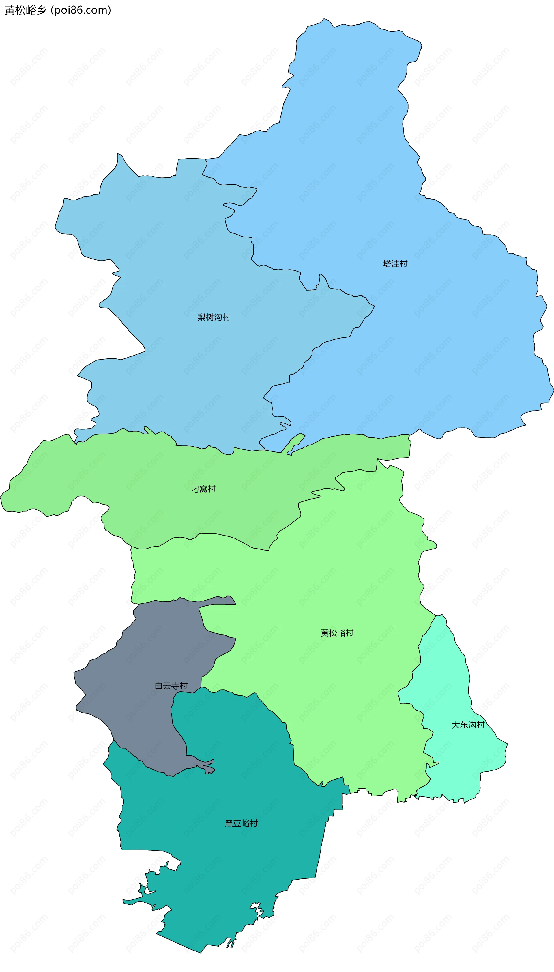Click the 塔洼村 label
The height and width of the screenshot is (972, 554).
(395, 263)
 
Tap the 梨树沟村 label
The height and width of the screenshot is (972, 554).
(214, 317)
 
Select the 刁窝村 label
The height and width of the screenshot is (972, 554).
(203, 489)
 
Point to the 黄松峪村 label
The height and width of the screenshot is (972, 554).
(337, 633)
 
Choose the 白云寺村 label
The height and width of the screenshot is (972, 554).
(171, 686)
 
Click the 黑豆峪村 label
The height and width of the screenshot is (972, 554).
(241, 824)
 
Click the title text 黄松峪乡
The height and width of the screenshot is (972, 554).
(25, 10)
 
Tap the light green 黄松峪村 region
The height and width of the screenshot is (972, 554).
(342, 571)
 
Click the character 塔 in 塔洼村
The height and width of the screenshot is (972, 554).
(387, 263)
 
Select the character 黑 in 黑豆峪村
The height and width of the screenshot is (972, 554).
(229, 824)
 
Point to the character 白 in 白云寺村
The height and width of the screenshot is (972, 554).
(159, 686)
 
